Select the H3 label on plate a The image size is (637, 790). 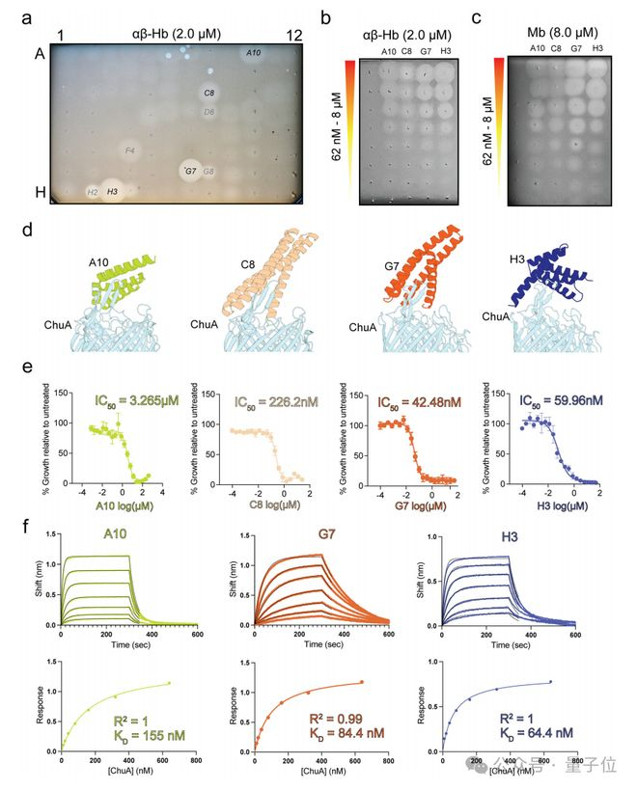113,192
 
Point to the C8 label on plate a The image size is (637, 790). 209,94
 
